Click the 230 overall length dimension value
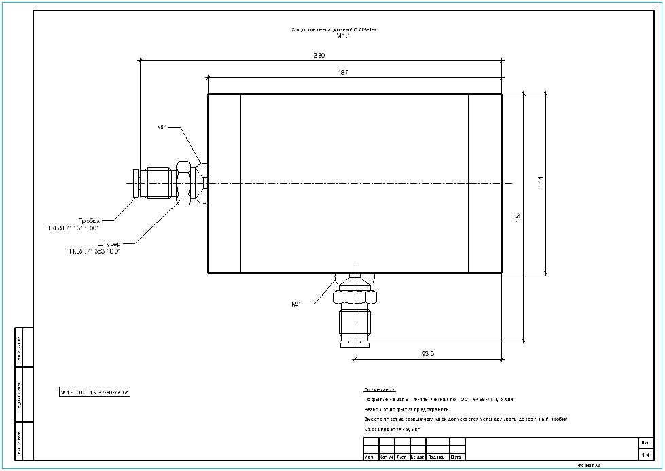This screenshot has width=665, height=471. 319,55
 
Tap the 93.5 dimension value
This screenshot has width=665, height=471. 427,353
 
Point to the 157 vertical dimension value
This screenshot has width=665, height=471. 518,215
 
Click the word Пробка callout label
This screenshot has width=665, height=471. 89,220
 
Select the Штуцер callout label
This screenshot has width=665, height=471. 110,243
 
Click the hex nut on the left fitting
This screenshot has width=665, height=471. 183,183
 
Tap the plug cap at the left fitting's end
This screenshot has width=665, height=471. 136,183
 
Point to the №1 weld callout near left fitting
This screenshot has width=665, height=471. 162,126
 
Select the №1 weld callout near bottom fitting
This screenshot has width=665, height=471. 296,304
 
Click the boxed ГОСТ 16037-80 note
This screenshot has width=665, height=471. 94,392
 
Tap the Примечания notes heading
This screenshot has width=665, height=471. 380,390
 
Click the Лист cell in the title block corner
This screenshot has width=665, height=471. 645,442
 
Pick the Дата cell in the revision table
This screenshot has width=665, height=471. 457,457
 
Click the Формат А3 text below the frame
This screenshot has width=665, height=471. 589,466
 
